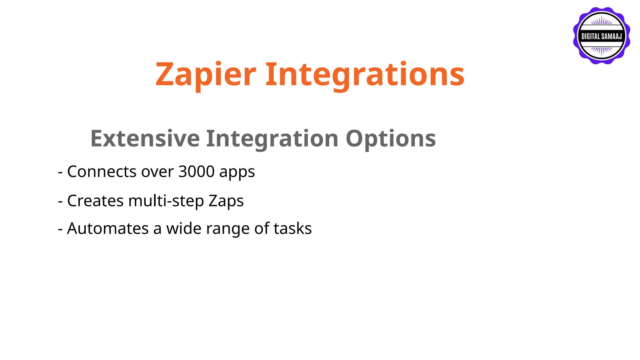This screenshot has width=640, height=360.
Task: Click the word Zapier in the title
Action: (x=206, y=75)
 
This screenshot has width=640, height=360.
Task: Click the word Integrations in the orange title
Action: (x=365, y=75)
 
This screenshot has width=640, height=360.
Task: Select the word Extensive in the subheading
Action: (x=145, y=138)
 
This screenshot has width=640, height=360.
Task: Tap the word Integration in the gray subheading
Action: (x=272, y=138)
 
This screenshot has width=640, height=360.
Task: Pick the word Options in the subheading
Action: (x=391, y=138)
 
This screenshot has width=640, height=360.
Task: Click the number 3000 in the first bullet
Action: (x=196, y=172)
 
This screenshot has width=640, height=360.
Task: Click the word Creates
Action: (x=95, y=201)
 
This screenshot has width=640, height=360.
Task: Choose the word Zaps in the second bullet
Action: (x=226, y=201)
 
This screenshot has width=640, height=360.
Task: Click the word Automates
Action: (x=108, y=228)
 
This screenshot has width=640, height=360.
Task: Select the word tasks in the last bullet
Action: (x=292, y=228)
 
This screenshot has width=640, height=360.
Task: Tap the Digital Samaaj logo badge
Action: (x=601, y=36)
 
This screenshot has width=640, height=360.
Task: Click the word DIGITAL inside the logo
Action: (x=591, y=37)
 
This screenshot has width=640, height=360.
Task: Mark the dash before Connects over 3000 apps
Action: (x=60, y=172)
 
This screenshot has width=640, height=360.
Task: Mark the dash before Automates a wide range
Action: (x=60, y=229)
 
